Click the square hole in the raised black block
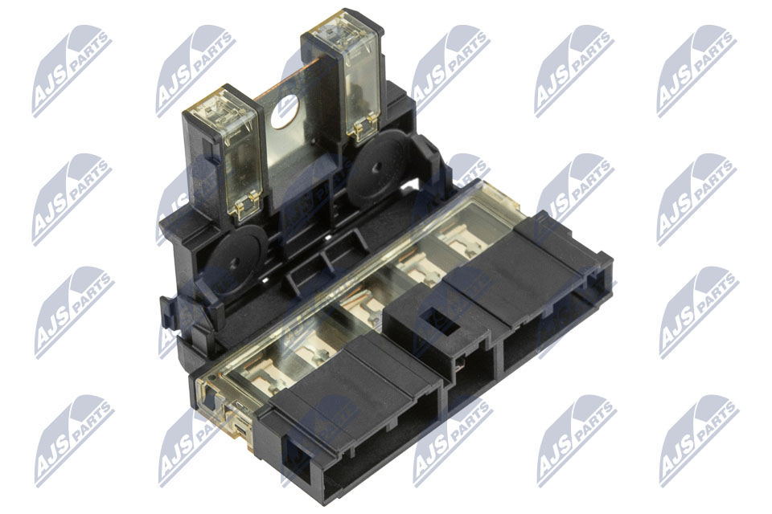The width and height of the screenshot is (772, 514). (x=437, y=320)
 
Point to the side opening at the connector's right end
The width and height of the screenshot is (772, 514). (x=596, y=281)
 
